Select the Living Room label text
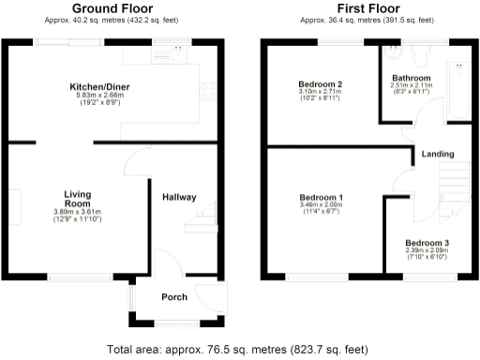[76, 199]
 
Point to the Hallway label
[178, 198]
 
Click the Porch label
[173, 296]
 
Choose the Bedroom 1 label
[321, 198]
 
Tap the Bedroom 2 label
[320, 84]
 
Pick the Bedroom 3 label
[427, 243]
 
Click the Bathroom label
[411, 78]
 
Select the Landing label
[438, 154]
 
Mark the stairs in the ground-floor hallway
[202, 223]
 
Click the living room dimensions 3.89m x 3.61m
[76, 213]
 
